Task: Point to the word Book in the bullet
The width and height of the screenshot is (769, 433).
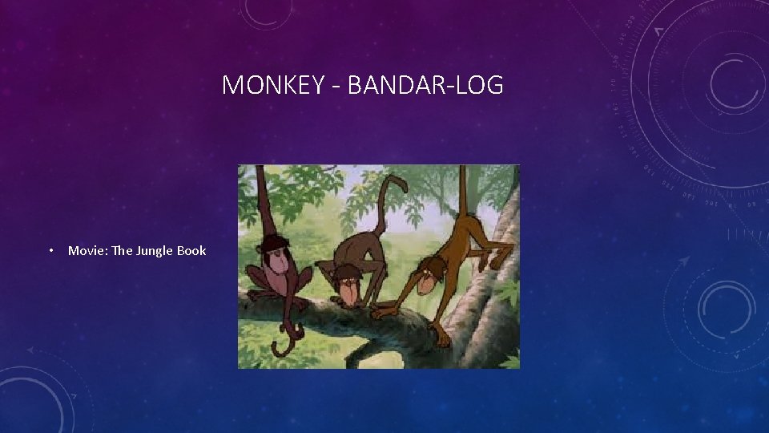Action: pos(191,250)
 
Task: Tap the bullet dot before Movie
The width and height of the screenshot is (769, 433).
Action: pos(50,251)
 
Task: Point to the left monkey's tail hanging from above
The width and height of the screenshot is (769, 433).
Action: pos(260,200)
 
